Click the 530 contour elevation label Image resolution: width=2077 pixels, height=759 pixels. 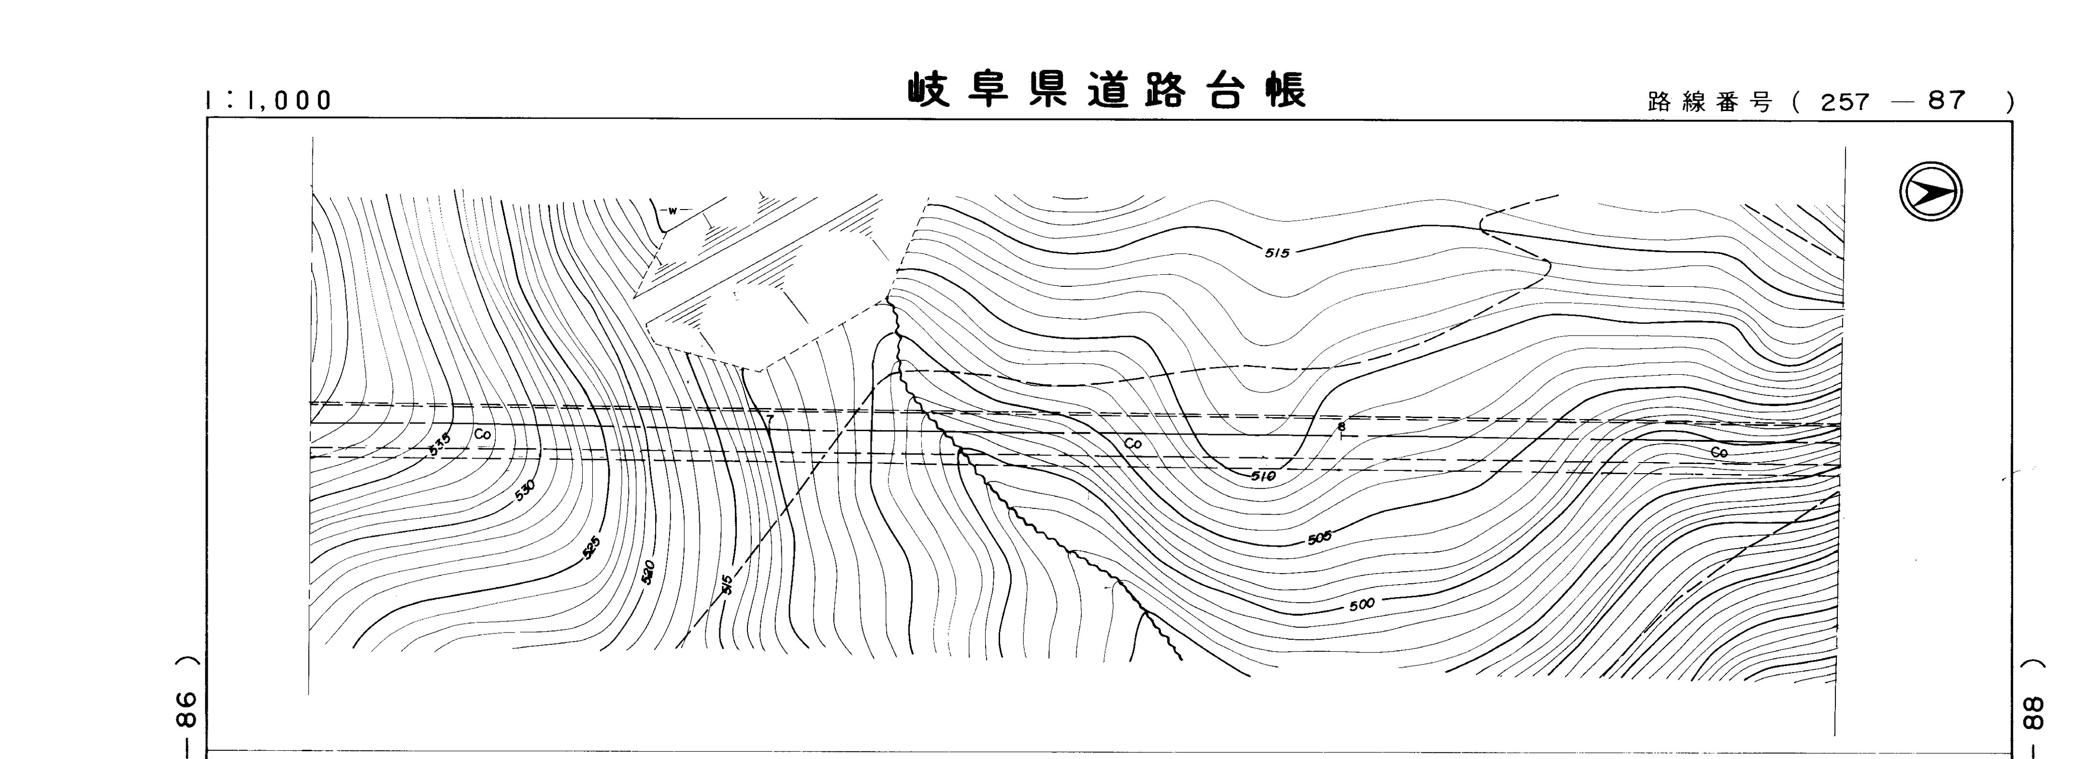(524, 490)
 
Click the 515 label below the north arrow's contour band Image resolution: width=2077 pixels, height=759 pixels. (1277, 253)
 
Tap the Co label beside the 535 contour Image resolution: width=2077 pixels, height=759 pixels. (482, 434)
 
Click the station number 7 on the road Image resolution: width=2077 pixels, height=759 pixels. (770, 419)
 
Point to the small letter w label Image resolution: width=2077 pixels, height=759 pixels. (672, 211)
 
